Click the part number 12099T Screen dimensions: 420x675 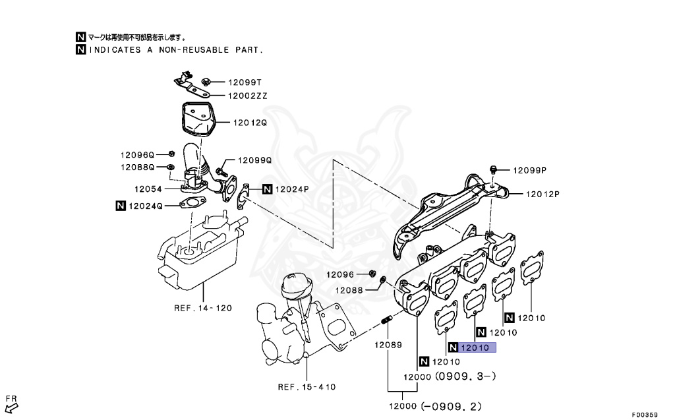[x=245, y=82]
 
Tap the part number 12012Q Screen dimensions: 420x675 [x=249, y=122]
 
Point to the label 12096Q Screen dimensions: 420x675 [x=136, y=155]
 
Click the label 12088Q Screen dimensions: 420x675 [x=136, y=167]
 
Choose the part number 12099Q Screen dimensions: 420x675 [x=254, y=160]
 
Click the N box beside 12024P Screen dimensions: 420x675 [x=267, y=189]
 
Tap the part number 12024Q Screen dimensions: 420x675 [x=145, y=206]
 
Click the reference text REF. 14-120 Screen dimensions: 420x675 [x=203, y=307]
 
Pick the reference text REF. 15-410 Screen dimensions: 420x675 [x=307, y=386]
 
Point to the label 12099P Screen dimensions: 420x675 [x=531, y=169]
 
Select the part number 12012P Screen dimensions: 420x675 [x=542, y=194]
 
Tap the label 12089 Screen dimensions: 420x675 [x=388, y=345]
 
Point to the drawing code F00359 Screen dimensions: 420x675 [x=644, y=415]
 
